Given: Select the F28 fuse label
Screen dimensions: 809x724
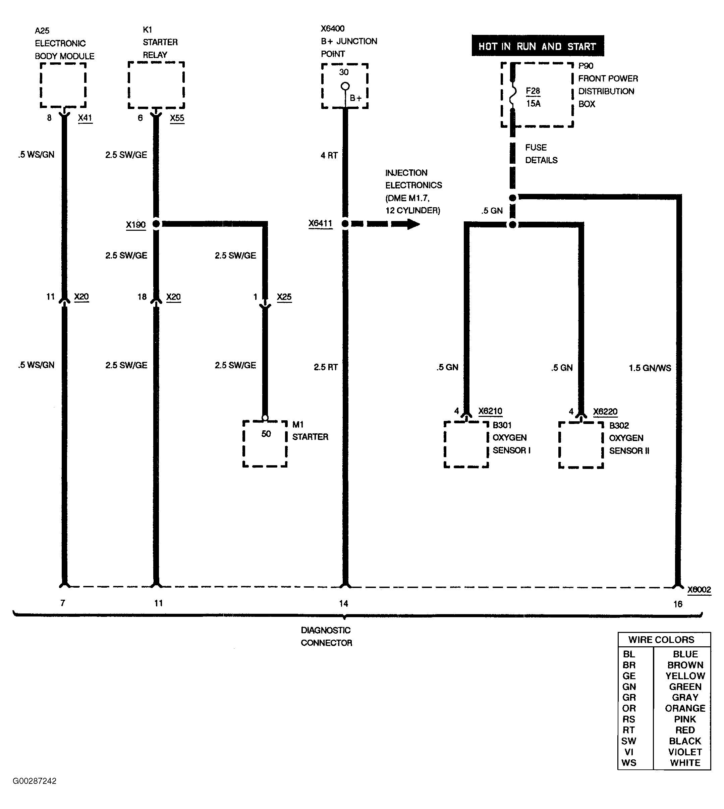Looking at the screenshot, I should pos(533,91).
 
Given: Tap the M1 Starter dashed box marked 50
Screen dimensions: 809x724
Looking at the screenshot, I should pos(265,443).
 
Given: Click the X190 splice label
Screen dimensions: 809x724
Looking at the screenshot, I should pos(136,225).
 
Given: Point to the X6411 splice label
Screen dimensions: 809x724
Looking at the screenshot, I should pos(320,224).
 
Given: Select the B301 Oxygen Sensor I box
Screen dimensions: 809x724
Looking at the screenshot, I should pos(466,444).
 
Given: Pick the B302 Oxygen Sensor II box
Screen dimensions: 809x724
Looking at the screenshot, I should pos(581,445).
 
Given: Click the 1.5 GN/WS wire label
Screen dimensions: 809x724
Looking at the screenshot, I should pos(649,368).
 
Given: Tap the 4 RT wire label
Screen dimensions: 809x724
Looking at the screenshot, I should pos(329,156).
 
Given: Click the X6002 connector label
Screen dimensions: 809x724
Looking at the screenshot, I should pos(699,590).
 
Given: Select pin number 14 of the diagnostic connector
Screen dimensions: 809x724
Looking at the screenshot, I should pos(343,604).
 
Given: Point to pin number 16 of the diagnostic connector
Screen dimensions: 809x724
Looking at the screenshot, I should pos(677,604).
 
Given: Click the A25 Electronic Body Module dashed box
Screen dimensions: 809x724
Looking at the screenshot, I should pos(63,85).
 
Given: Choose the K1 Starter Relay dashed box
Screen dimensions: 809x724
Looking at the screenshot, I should pos(156,85).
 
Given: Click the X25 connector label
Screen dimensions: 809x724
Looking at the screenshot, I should pos(284,297).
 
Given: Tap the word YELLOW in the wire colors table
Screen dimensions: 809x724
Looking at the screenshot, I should pos(685,676).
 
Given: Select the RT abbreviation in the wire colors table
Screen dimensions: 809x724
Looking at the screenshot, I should pos(628,730).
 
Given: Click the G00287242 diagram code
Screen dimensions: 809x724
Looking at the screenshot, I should pos(35,781).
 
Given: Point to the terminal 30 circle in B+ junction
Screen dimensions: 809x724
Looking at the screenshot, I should pos(345,86).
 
